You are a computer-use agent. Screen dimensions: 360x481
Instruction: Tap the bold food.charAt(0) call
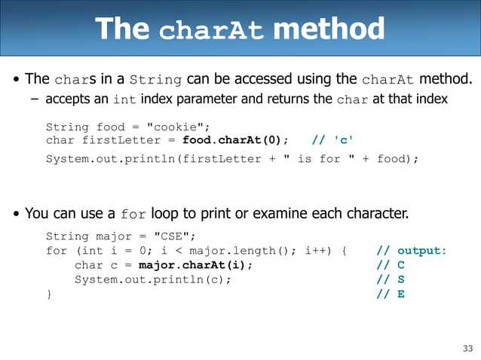[236, 141]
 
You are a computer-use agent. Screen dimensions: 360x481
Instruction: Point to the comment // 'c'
[332, 141]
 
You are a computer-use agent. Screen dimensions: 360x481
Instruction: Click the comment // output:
[412, 251]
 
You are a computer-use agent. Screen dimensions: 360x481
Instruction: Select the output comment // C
[391, 265]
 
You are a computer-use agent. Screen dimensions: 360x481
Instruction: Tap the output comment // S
[391, 279]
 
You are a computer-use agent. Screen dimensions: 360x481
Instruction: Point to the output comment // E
[391, 294]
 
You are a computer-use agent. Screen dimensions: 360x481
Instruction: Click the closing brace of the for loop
[50, 294]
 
